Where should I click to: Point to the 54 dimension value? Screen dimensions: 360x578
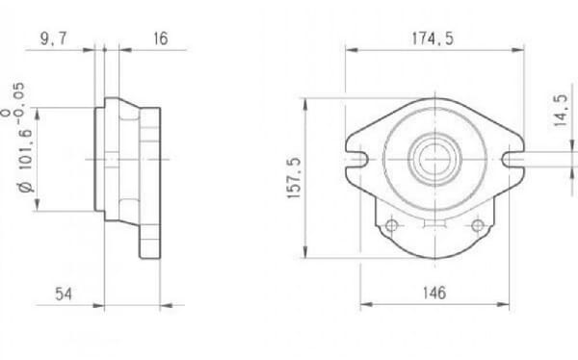coord(64,293)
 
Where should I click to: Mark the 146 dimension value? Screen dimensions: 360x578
coord(434,293)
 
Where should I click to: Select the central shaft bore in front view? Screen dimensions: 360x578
coord(433,154)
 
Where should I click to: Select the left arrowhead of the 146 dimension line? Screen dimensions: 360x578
coord(364,307)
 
